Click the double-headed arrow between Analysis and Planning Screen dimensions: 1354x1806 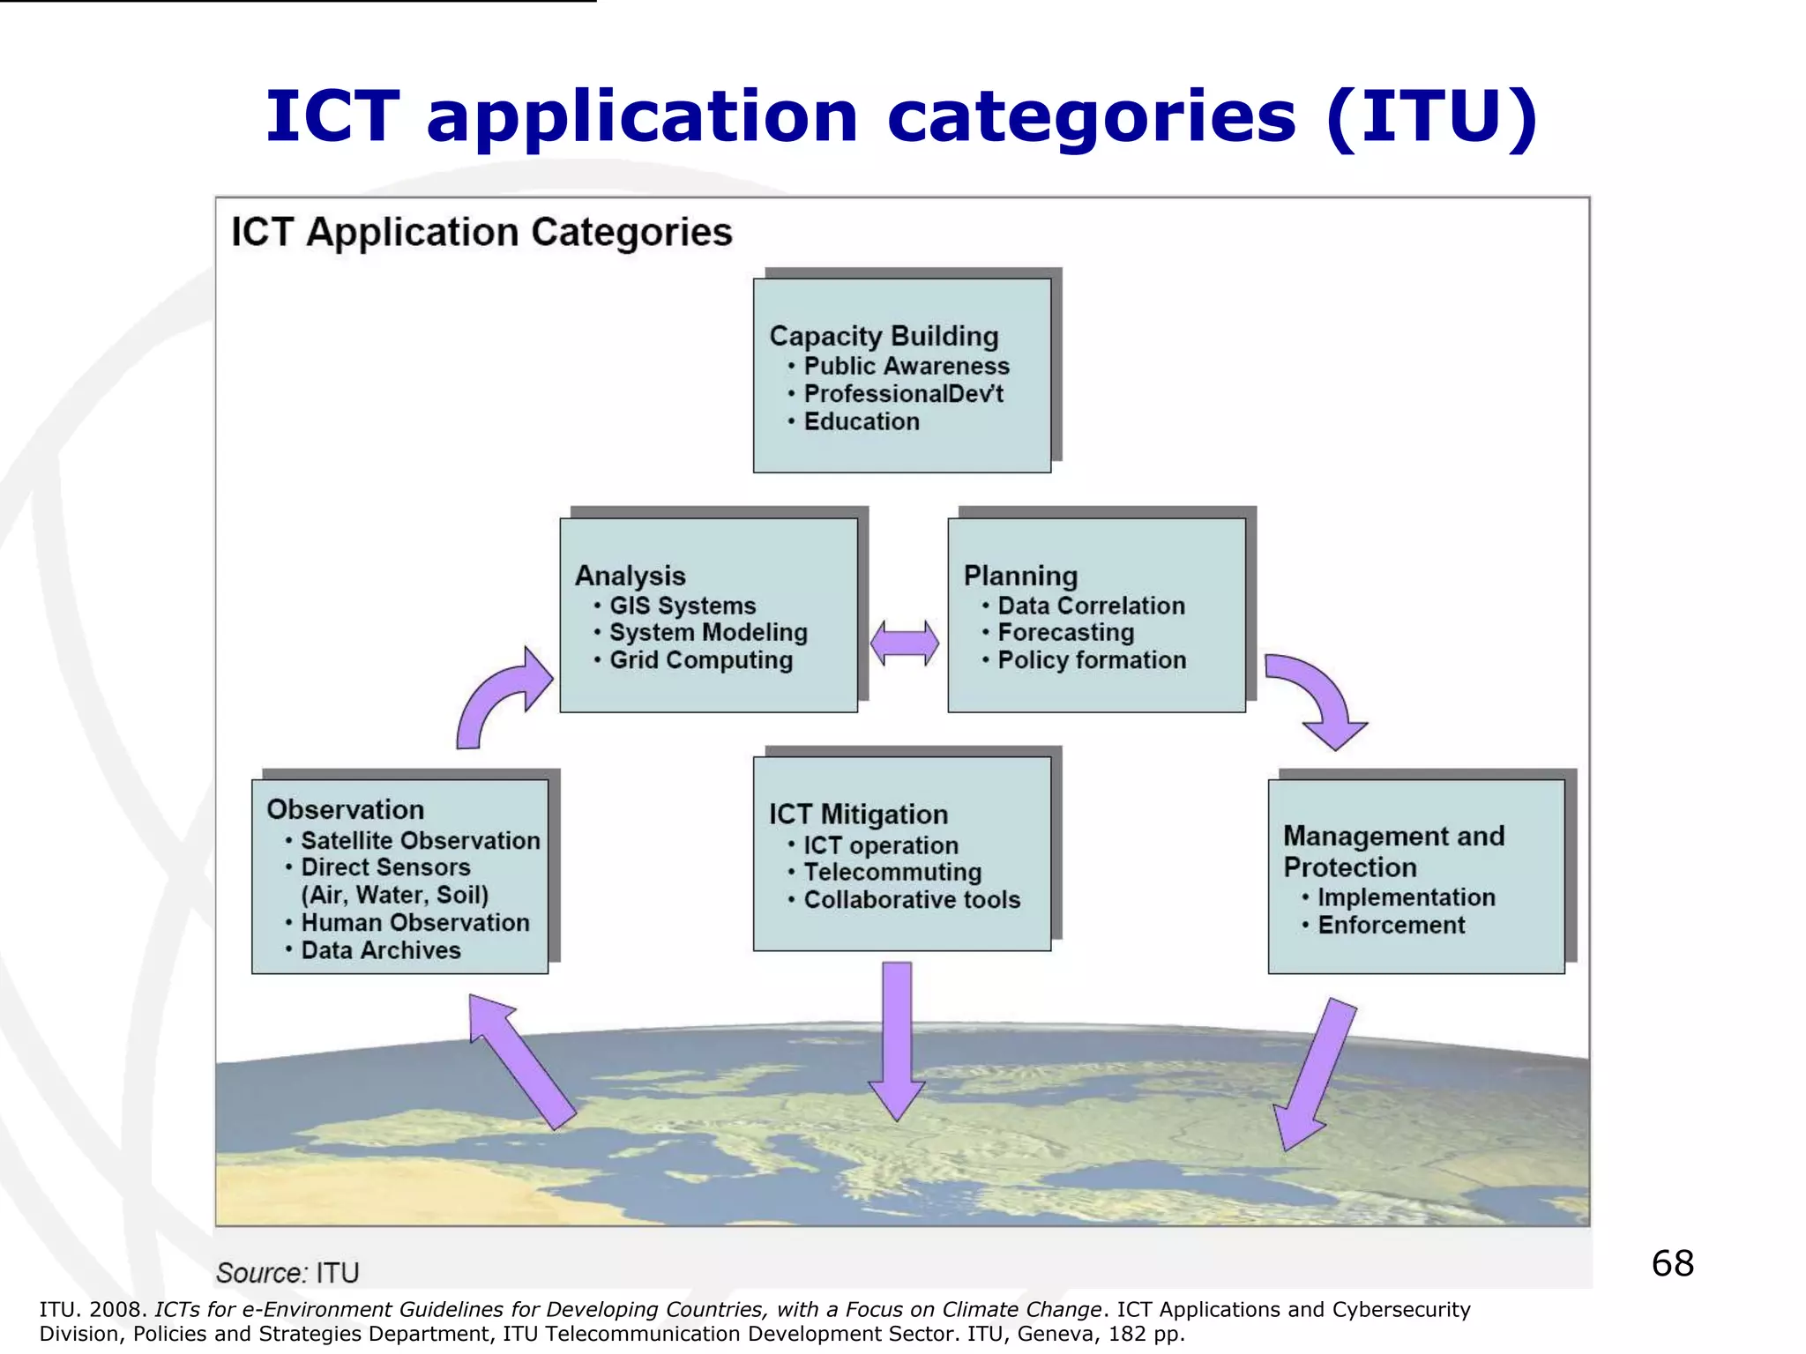coord(904,643)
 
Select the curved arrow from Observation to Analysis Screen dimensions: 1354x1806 coord(499,700)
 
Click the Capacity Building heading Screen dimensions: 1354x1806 coord(884,336)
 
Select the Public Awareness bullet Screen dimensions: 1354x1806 coord(906,366)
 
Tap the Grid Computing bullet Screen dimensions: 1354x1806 coord(700,660)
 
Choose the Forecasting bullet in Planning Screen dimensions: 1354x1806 coord(1065,633)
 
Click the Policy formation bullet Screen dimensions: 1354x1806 coord(1091,660)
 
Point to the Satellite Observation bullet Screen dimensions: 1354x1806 coord(420,841)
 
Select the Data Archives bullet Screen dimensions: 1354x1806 coord(380,950)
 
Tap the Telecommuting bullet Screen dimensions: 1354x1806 coord(892,873)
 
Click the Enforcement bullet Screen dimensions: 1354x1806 coord(1391,926)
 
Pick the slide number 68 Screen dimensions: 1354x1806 coord(1672,1263)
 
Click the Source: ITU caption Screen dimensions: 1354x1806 coord(287,1273)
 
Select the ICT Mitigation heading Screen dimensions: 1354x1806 coord(858,815)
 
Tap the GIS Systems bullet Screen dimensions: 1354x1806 coord(682,606)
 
